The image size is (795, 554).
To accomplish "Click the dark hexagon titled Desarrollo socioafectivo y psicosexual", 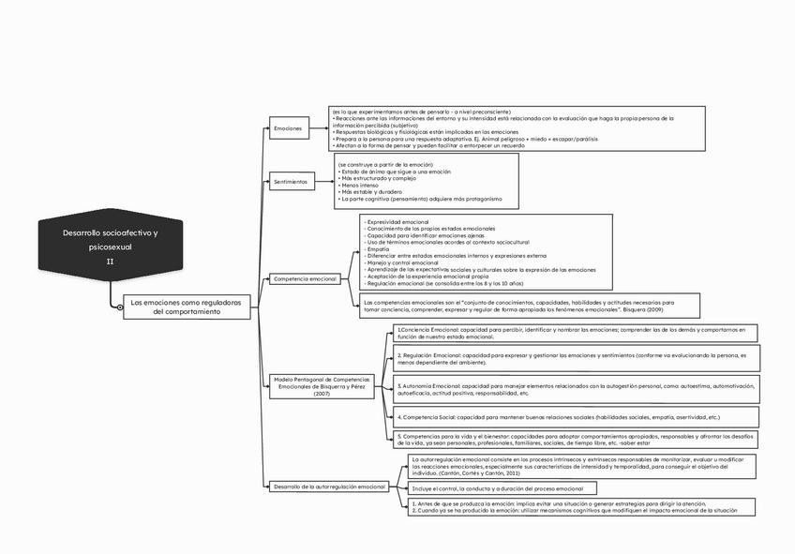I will tap(110, 246).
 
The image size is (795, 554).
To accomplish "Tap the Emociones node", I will tap(288, 127).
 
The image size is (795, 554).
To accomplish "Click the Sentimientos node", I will tap(291, 182).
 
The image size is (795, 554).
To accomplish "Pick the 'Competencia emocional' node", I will tap(305, 279).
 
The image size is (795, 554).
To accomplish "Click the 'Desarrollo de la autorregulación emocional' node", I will tap(329, 487).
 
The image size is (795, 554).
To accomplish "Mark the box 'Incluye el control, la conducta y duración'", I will tap(497, 489).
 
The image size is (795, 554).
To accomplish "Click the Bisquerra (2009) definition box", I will tap(530, 307).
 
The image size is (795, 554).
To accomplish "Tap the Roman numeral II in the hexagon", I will tap(110, 262).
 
